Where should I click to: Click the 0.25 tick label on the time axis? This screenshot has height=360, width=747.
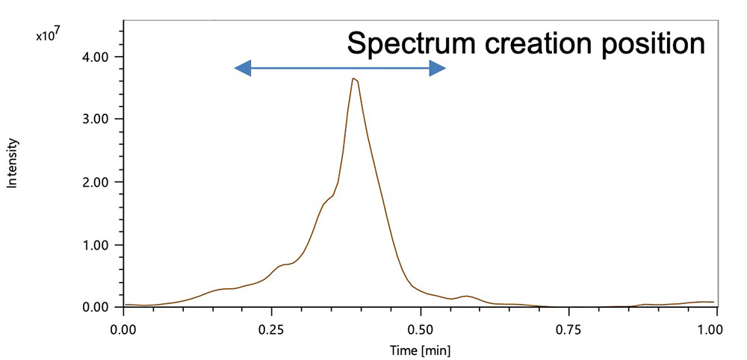click(271, 327)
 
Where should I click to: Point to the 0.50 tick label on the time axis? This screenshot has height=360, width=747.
click(420, 327)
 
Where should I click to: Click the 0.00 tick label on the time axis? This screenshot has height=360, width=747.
click(123, 327)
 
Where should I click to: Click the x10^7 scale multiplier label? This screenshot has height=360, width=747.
click(46, 34)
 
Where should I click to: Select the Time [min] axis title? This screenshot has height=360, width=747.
click(420, 349)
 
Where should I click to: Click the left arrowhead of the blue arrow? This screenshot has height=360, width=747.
click(241, 69)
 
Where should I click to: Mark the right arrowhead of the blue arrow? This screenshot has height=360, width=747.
click(440, 69)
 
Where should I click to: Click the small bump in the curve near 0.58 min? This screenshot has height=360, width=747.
click(467, 297)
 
